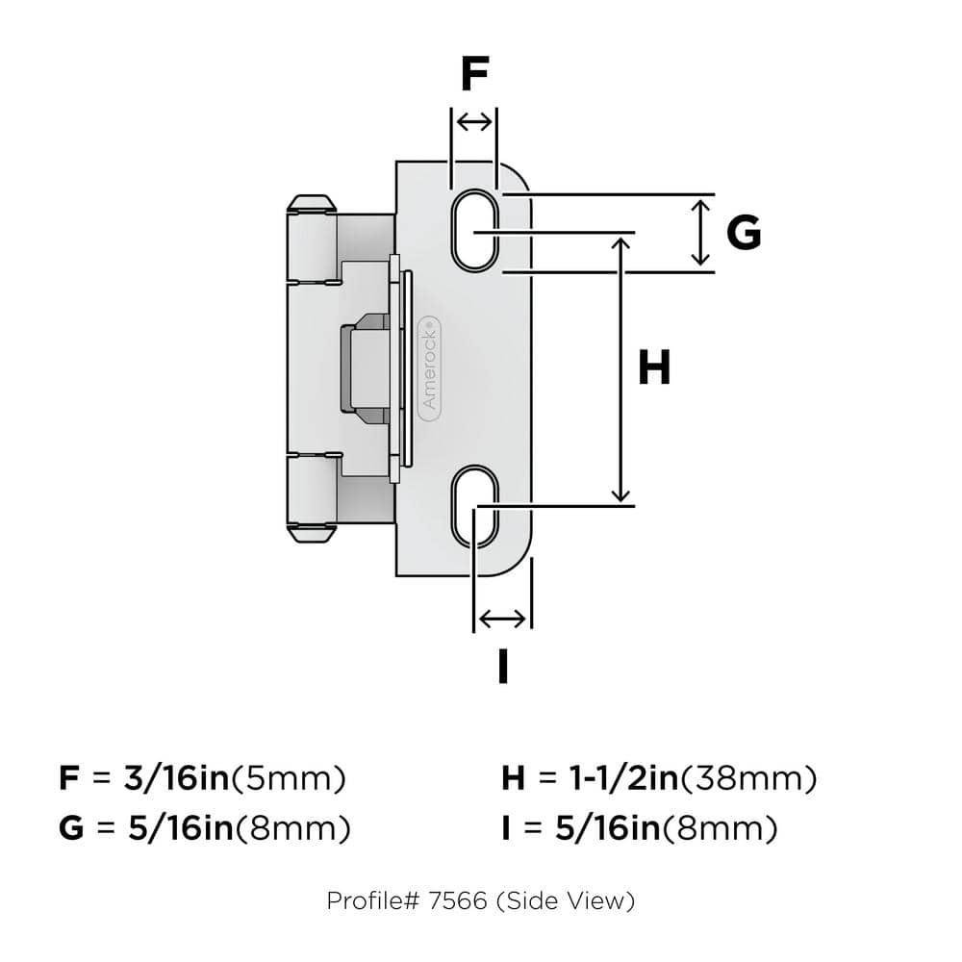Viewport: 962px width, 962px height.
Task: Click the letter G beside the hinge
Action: tap(743, 232)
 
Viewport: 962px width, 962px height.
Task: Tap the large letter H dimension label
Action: tap(654, 368)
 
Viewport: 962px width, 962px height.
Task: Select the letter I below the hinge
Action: tap(502, 666)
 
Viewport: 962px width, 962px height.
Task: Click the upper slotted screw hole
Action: tap(474, 231)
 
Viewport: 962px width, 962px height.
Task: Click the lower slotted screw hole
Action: tap(474, 506)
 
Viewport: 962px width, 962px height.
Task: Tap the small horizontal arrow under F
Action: tap(473, 122)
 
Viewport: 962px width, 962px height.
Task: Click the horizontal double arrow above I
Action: tap(503, 618)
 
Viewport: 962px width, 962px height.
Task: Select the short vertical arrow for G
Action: tap(701, 232)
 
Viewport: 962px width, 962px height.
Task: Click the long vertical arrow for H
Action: tap(622, 368)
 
